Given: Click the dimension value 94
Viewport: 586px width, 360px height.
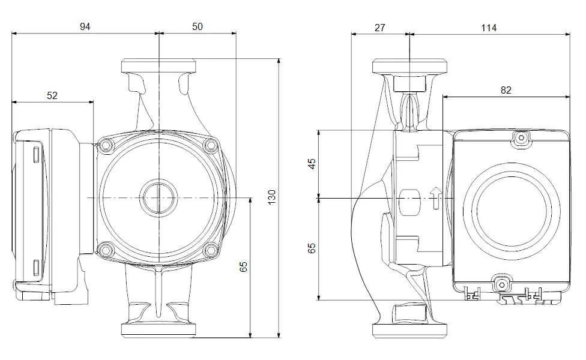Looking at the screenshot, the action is pos(85,27).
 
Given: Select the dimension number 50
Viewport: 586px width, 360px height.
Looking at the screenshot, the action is pos(198,27).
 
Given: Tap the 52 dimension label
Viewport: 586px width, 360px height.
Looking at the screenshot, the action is pos(52,95).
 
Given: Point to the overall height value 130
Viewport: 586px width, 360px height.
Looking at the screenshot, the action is pos(272,197).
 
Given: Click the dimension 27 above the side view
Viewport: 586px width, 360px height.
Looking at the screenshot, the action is pos(379,28).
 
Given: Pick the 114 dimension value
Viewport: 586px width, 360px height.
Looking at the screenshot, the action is pos(489,28).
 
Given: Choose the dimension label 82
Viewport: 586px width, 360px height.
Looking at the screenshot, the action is pos(506,91).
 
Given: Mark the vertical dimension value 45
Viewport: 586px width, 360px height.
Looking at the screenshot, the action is pos(312,164).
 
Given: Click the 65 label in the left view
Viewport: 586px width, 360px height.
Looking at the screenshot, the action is pos(243,266).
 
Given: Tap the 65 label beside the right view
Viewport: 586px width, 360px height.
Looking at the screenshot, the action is pos(312,248).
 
